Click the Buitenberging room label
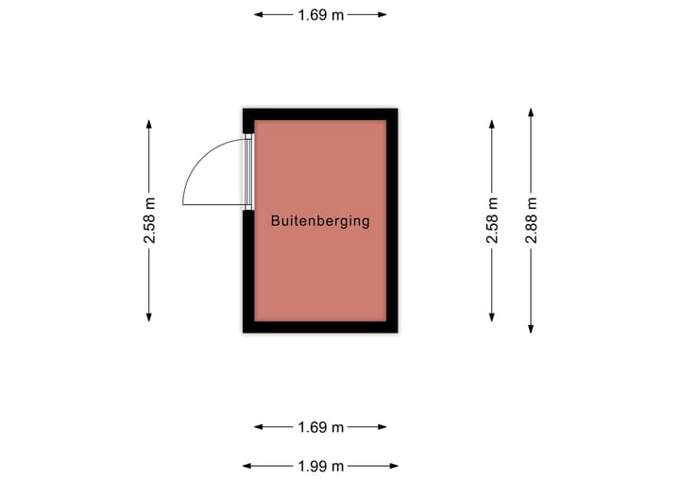coord(319,221)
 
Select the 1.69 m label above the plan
coord(320,14)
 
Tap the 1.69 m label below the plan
coord(320,427)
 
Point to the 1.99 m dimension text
coord(320,465)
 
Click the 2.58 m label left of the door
coord(149,221)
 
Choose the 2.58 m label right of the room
coord(492,221)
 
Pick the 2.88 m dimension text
coord(532,221)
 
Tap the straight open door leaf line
coord(215,206)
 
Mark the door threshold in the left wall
coord(249,171)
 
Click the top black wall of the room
coord(320,113)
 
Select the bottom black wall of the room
coord(320,327)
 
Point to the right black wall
coord(392,221)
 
